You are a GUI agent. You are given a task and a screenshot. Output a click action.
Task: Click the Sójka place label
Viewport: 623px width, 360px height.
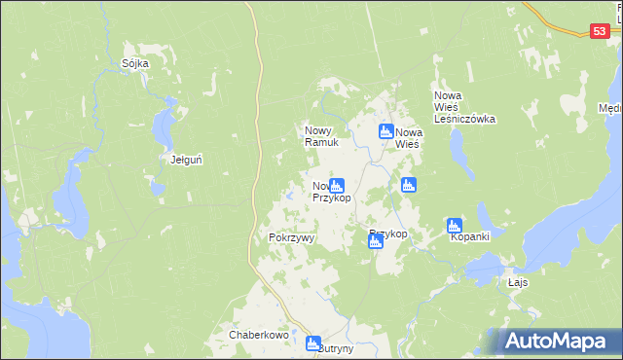(135, 63)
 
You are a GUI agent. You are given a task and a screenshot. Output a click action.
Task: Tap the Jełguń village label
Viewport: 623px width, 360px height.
(186, 160)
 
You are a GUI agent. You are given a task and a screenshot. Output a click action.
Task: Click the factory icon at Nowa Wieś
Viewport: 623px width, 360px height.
(385, 131)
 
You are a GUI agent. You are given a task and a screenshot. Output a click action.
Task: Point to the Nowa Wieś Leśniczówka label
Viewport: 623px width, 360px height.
(464, 107)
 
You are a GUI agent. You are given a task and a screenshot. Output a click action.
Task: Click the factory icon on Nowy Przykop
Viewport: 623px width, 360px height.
(337, 185)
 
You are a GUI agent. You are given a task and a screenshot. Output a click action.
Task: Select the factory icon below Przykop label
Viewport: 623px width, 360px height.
(376, 243)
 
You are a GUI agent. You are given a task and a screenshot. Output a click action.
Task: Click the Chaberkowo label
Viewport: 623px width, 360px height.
(259, 335)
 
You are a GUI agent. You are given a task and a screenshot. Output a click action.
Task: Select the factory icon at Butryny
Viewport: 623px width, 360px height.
(312, 342)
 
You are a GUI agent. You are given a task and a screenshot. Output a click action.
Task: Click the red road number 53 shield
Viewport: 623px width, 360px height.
(600, 32)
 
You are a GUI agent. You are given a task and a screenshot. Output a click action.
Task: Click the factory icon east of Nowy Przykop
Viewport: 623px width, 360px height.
(408, 184)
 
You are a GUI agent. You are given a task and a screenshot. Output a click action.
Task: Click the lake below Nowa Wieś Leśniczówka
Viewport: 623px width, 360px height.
(458, 146)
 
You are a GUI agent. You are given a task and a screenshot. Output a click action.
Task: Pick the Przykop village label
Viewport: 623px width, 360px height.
(388, 234)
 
